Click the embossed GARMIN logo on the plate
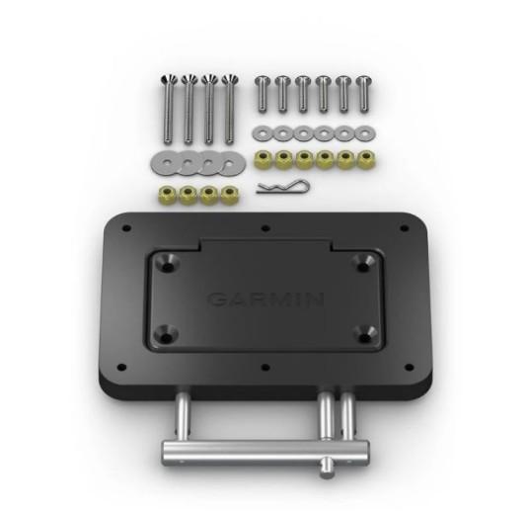coord(265,300)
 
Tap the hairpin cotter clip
coord(283,187)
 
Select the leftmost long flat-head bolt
coord(169,109)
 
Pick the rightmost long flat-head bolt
coord(230,109)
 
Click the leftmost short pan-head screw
coord(263,94)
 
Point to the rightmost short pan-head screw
coord(364,94)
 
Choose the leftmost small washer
coord(263,133)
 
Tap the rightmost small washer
coord(364,133)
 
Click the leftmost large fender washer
coord(166,163)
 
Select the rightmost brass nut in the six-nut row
coord(366,159)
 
